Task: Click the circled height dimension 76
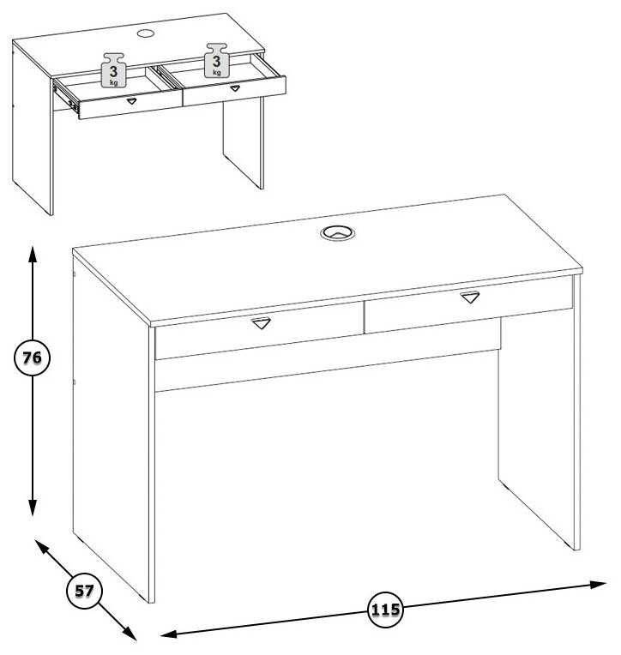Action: coord(33,358)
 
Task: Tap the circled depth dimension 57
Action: coord(84,591)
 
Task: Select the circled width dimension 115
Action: coord(385,610)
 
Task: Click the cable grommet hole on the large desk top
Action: coord(338,232)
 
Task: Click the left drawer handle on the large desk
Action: coord(262,323)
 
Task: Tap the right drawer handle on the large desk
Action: coord(470,297)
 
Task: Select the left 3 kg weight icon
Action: coord(113,70)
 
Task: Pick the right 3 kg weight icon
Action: coord(216,61)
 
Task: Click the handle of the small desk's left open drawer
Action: coord(131,100)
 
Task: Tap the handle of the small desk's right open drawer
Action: coord(235,88)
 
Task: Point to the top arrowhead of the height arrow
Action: coord(33,254)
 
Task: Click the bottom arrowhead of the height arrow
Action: coord(33,508)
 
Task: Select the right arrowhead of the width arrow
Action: coord(598,585)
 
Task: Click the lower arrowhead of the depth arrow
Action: coord(130,634)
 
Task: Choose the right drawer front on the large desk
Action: coord(468,304)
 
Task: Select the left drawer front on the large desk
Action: coord(259,330)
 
